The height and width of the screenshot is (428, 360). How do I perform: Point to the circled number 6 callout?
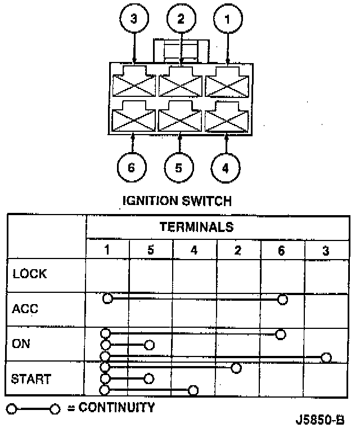pyautogui.click(x=132, y=167)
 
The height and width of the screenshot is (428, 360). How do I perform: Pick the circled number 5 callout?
pyautogui.click(x=179, y=167)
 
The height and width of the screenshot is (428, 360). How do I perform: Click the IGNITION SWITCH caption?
pyautogui.click(x=177, y=200)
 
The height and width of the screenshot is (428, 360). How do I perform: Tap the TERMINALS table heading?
pyautogui.click(x=196, y=227)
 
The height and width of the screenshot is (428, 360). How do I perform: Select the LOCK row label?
pyautogui.click(x=29, y=275)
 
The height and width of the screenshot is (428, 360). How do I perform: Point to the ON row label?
pyautogui.click(x=21, y=344)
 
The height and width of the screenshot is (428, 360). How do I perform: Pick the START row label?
pyautogui.click(x=31, y=378)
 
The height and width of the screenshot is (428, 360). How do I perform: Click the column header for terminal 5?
pyautogui.click(x=150, y=250)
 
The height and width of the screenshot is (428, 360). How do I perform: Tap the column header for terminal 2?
pyautogui.click(x=238, y=250)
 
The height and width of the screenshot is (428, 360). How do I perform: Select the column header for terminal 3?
pyautogui.click(x=326, y=250)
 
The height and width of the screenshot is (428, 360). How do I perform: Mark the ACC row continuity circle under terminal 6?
pyautogui.click(x=283, y=299)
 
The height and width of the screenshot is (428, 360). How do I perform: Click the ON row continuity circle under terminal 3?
pyautogui.click(x=326, y=357)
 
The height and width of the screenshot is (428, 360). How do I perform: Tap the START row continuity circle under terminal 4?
pyautogui.click(x=193, y=390)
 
